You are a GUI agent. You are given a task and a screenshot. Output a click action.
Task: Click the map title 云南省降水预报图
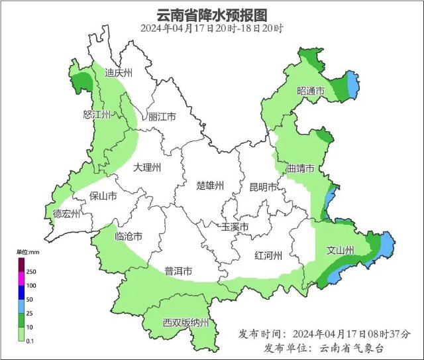pyautogui.click(x=212, y=15)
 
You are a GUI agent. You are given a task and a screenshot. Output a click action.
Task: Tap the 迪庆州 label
pyautogui.click(x=120, y=73)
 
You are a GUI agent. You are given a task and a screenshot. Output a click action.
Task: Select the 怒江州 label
pyautogui.click(x=97, y=114)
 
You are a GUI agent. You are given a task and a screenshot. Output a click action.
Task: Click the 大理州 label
pyautogui.click(x=146, y=168)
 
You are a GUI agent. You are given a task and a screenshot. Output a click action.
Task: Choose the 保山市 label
pyautogui.click(x=103, y=196)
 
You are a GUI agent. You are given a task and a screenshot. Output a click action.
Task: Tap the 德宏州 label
pyautogui.click(x=67, y=213)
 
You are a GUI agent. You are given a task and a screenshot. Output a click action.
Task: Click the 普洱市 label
pyautogui.click(x=178, y=271)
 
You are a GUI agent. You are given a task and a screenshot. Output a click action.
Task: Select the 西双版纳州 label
pyautogui.click(x=186, y=323)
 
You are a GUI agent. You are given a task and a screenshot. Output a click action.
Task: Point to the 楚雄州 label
pyautogui.click(x=211, y=186)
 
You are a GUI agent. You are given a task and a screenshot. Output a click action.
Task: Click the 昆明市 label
pyautogui.click(x=263, y=187)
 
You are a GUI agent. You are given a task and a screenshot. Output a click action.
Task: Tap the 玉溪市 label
pyautogui.click(x=235, y=227)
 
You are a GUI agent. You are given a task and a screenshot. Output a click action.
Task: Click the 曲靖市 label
pyautogui.click(x=300, y=167)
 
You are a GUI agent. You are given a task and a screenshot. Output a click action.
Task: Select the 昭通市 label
pyautogui.click(x=311, y=90)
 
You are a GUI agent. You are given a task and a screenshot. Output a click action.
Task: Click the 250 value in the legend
pyautogui.click(x=31, y=272)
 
